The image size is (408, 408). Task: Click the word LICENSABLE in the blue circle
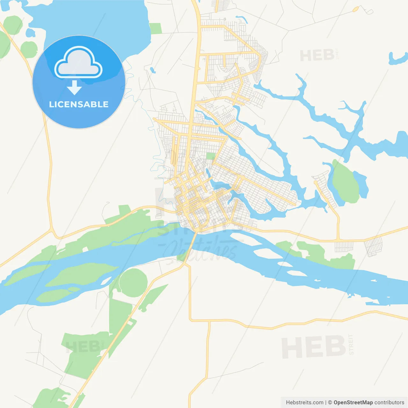[79, 105]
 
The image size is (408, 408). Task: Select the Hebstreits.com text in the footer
[304, 403]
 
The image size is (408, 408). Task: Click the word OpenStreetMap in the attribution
[353, 403]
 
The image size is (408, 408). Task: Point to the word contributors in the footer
[389, 403]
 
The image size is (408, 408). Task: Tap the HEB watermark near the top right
[317, 56]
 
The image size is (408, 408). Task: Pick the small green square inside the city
[211, 156]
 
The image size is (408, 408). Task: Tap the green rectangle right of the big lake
[156, 28]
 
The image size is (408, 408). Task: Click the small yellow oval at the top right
[356, 9]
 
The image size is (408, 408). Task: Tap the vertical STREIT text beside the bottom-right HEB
[351, 345]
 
